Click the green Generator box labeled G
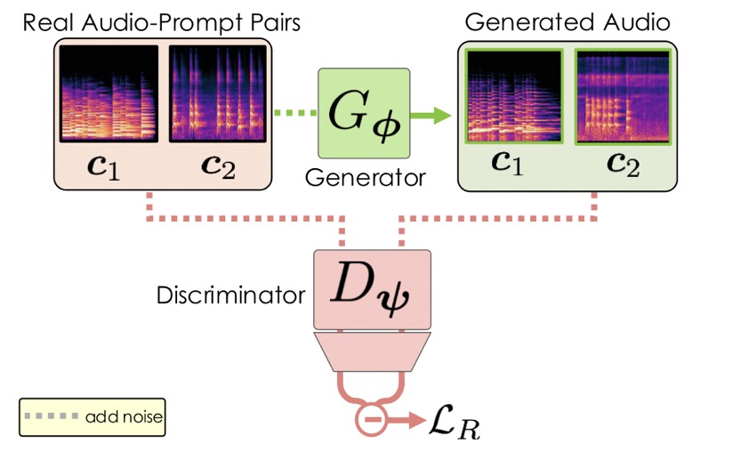point(364,113)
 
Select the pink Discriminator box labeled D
point(372,289)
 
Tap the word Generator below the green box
point(365,178)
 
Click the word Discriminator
point(231,295)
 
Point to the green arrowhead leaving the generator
point(441,115)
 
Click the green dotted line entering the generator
point(295,113)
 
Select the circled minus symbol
point(371,420)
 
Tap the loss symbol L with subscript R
point(454,422)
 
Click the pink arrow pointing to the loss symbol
point(406,420)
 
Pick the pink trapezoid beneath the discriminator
point(372,351)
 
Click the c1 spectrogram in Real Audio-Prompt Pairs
point(109,93)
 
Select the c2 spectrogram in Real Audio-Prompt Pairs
point(218,93)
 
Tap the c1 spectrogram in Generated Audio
point(514,96)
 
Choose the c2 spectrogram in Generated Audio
point(623,97)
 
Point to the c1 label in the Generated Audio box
point(507,163)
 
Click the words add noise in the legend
point(124,416)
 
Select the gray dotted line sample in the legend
point(52,416)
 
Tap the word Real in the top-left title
point(50,22)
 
